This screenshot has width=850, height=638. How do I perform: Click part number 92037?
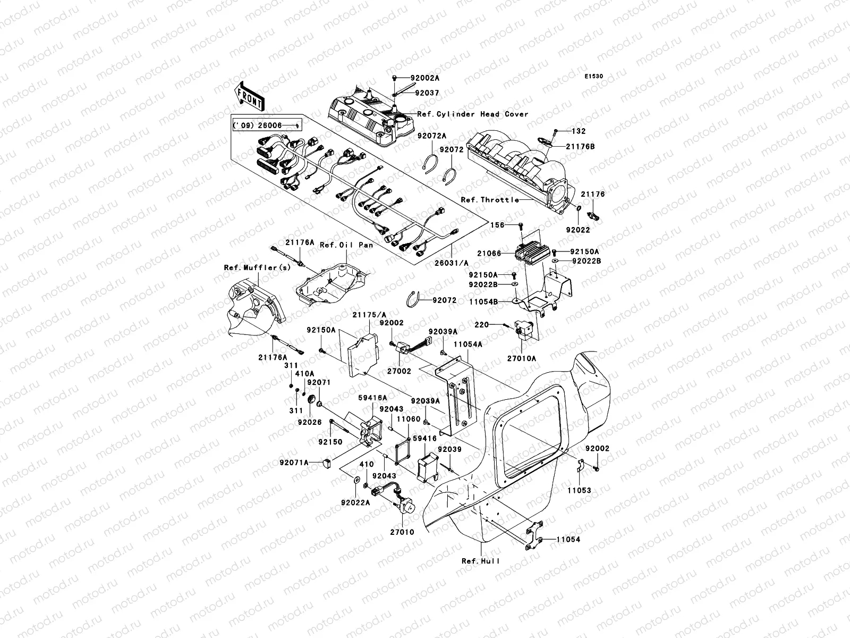427,93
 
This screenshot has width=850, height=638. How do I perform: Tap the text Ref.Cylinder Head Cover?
473,114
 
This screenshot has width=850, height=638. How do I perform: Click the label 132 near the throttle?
580,131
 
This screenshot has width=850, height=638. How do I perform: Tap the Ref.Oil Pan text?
346,245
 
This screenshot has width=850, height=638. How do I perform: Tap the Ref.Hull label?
480,561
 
